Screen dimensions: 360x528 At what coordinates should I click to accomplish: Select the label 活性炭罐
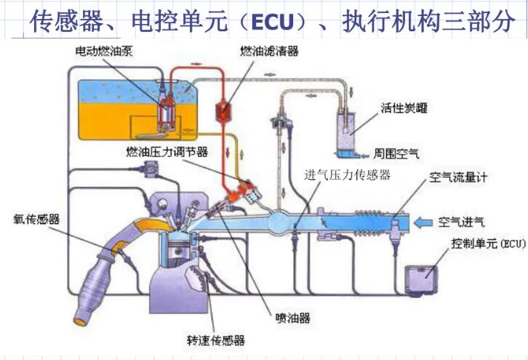point(404,109)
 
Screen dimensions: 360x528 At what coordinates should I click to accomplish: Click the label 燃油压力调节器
point(167,152)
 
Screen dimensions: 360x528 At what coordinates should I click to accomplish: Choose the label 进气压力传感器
point(348,175)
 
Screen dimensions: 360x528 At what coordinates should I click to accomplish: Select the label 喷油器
point(294,318)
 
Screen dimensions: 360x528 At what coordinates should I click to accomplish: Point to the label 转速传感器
point(215,340)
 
